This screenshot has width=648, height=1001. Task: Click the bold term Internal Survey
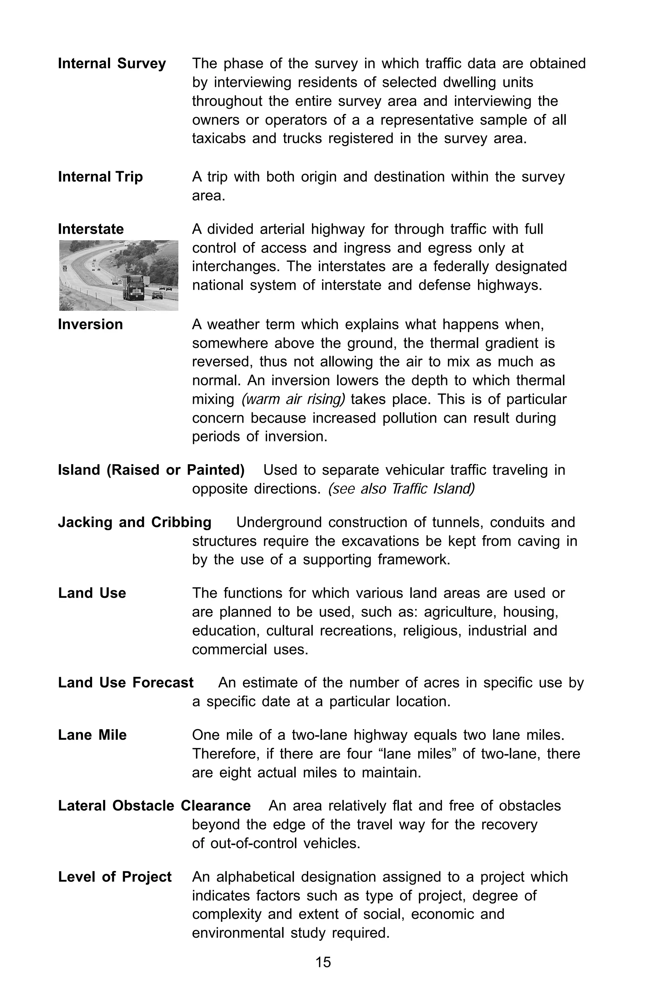(112, 64)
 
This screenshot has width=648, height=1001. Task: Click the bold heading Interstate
(91, 229)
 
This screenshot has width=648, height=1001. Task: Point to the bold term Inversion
(90, 324)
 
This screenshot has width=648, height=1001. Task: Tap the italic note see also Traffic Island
(401, 489)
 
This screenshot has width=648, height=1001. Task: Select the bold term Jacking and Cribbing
(134, 522)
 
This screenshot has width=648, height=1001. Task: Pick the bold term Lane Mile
(92, 735)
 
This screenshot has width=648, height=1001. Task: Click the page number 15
(323, 962)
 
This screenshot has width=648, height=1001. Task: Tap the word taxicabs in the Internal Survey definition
(219, 138)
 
